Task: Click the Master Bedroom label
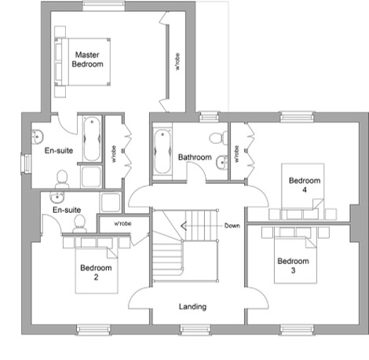coord(87,60)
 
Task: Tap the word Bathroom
coord(195,157)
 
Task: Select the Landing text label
coord(192,307)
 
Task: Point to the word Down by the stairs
coord(232,226)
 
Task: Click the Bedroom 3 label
coord(293,266)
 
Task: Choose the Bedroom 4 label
coord(305,185)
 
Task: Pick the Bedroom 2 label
coord(96,272)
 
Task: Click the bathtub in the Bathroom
coord(163,152)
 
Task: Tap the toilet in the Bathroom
coord(219,138)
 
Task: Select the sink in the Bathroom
coord(222,163)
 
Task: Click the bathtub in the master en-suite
coord(92,139)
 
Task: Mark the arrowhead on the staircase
coord(184,226)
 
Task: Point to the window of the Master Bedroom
coord(104,6)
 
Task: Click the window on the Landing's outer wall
coord(195,329)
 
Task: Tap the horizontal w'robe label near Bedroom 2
coord(122,224)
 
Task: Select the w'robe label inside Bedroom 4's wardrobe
coord(237,154)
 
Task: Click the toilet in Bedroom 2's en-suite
coord(79,223)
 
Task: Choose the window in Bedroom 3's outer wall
coord(297,329)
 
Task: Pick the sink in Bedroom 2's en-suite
coord(57,197)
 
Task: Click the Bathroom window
coord(209,117)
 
